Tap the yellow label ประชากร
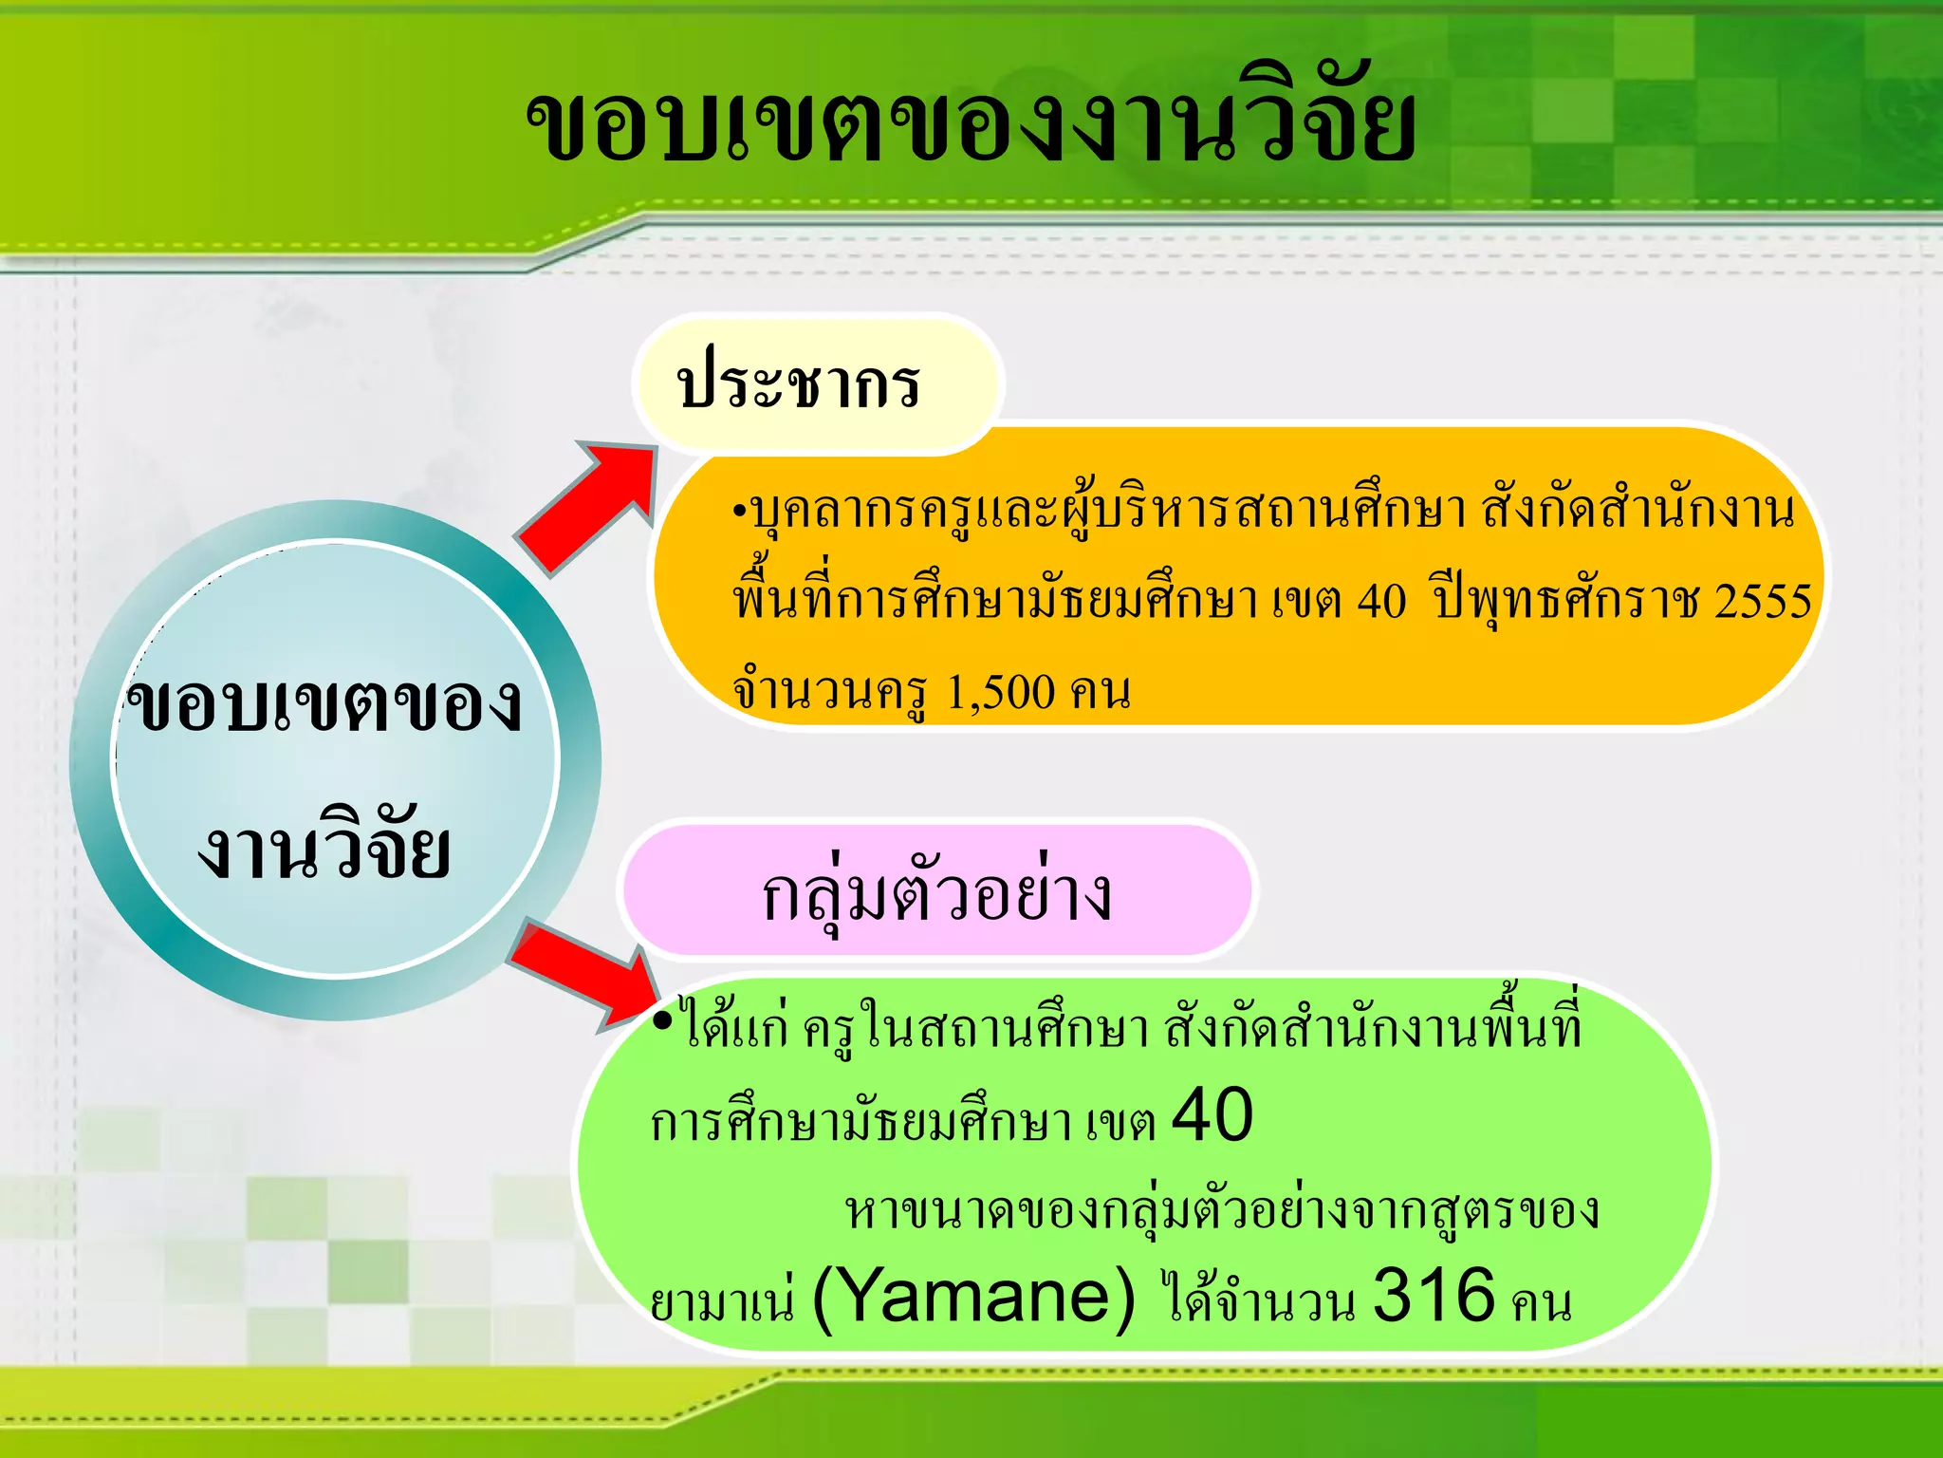pos(798,384)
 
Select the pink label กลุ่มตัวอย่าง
pos(936,892)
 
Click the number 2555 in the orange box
pos(1763,601)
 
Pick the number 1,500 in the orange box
pos(1001,692)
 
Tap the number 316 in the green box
pos(1434,1296)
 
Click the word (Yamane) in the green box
pos(974,1298)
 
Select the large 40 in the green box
pos(1212,1115)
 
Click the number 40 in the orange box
pos(1381,601)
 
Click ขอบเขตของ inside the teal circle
pos(324,704)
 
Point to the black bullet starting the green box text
pos(662,1019)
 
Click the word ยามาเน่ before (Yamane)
pos(722,1300)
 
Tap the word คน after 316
pos(1542,1302)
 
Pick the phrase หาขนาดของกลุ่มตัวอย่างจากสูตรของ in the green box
pos(1222,1211)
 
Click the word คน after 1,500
pos(1101,692)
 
